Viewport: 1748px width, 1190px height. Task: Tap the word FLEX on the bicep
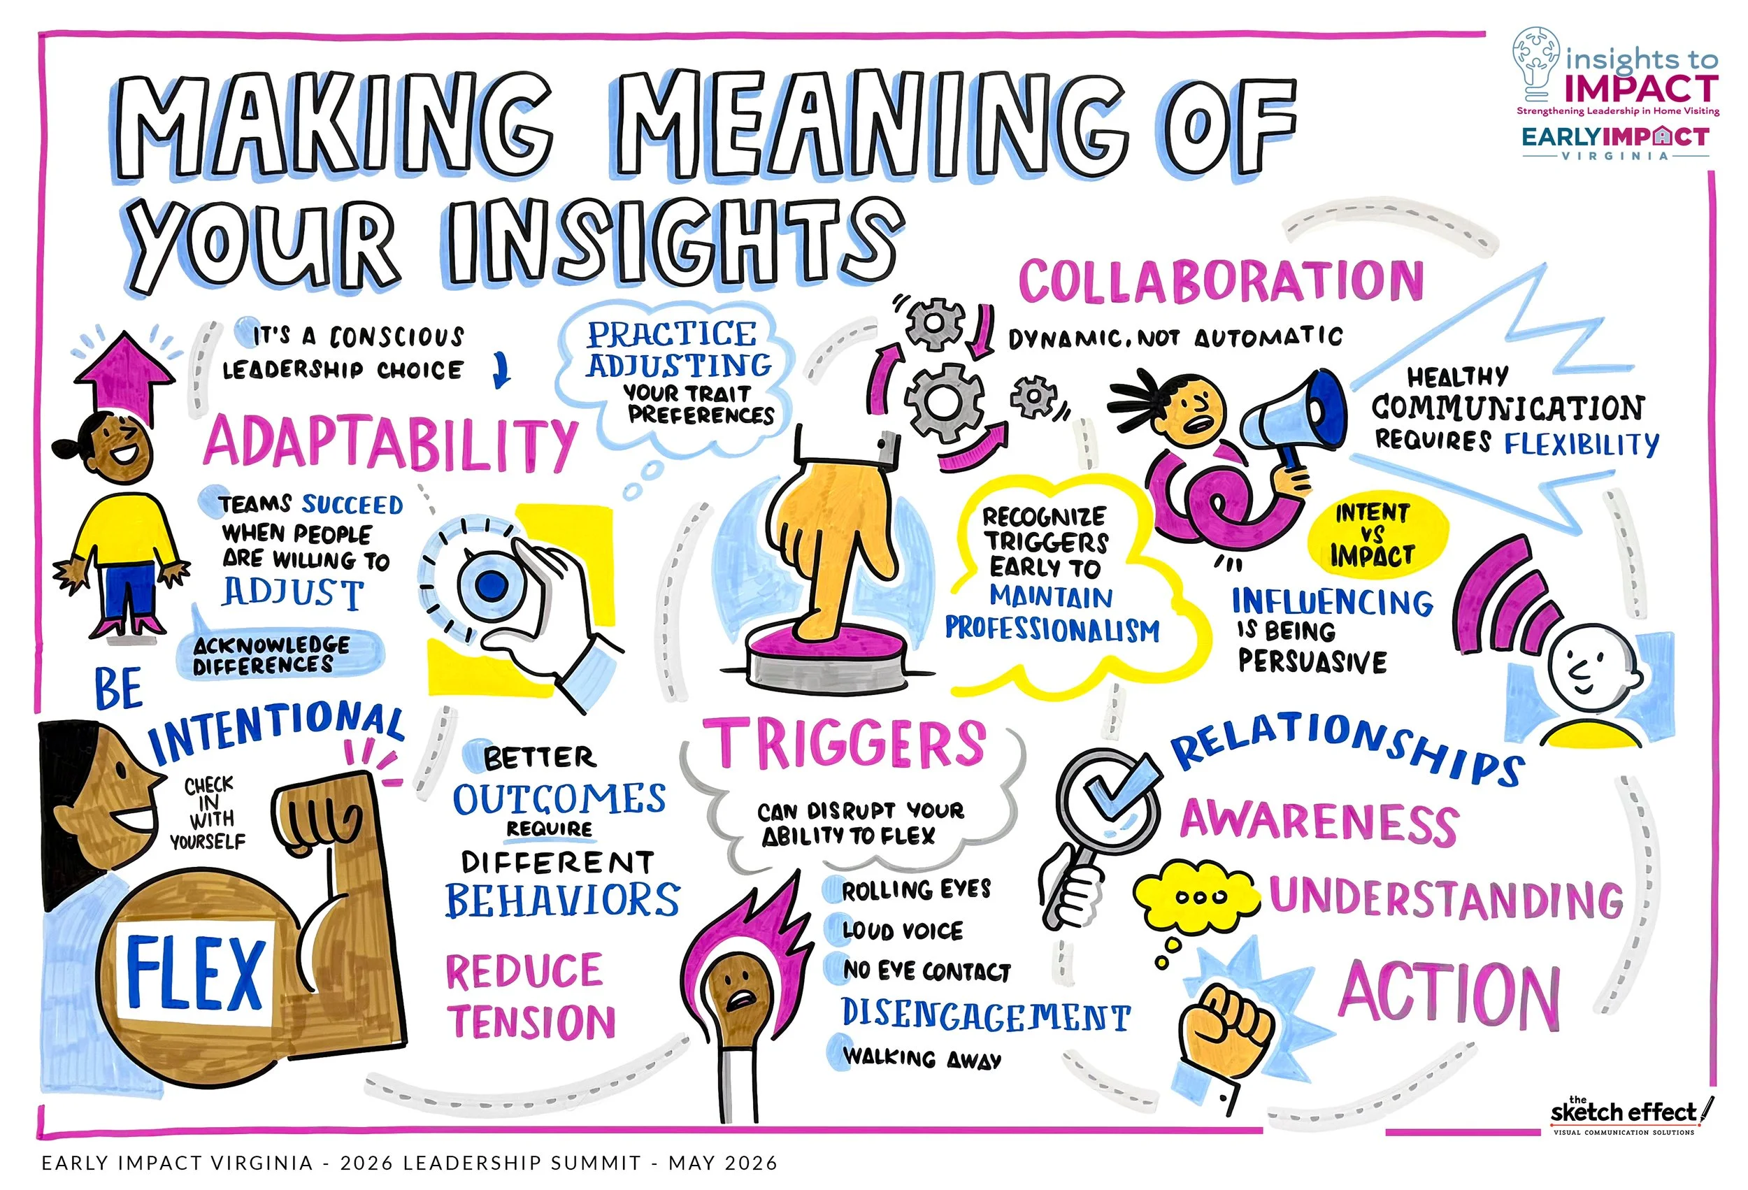pos(195,973)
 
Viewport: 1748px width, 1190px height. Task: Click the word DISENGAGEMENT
pos(985,1015)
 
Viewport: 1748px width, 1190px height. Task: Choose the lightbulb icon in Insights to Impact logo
pos(1535,63)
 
